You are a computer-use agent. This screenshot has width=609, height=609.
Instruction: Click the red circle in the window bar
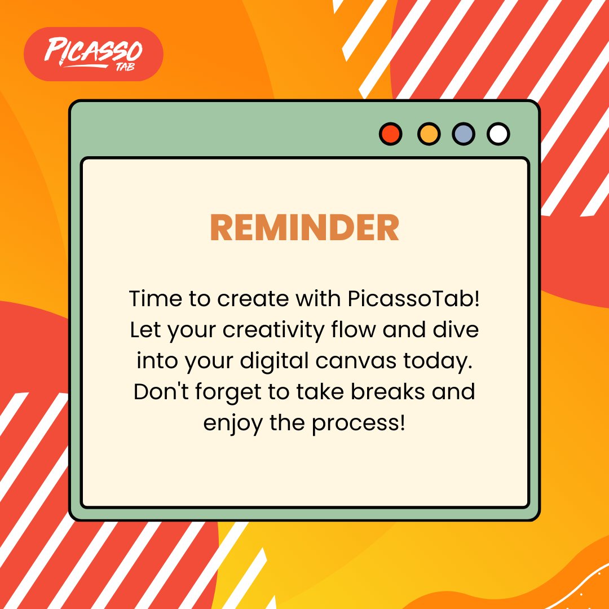[x=390, y=134]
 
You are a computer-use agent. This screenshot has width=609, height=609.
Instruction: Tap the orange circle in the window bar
[x=429, y=134]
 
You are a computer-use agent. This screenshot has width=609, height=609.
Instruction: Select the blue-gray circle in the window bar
[x=464, y=134]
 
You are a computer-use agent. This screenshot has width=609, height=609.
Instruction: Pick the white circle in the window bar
[x=498, y=134]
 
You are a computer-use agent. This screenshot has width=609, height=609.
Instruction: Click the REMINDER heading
[x=304, y=228]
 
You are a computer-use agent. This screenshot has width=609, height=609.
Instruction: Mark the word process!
[x=359, y=423]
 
